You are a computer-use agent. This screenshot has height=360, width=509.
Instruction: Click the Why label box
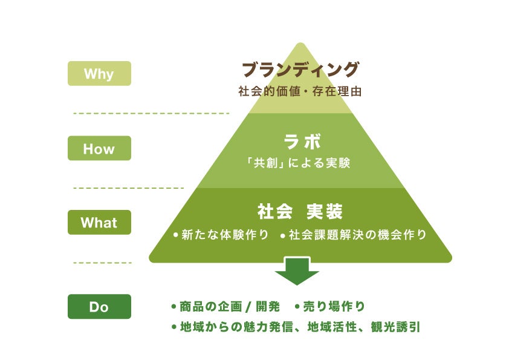click(99, 74)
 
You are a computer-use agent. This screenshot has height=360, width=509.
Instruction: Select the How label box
click(99, 148)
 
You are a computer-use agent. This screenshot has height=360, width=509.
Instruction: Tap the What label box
click(99, 222)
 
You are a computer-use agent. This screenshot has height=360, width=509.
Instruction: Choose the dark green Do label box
click(99, 307)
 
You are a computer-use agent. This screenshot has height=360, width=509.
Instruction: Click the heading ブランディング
click(300, 70)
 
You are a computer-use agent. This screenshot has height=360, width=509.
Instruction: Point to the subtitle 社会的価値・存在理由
click(300, 92)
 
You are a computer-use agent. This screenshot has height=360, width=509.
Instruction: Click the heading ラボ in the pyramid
click(301, 142)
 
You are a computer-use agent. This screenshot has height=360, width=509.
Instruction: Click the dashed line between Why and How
click(151, 113)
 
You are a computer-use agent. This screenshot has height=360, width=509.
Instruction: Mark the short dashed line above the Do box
click(102, 263)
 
